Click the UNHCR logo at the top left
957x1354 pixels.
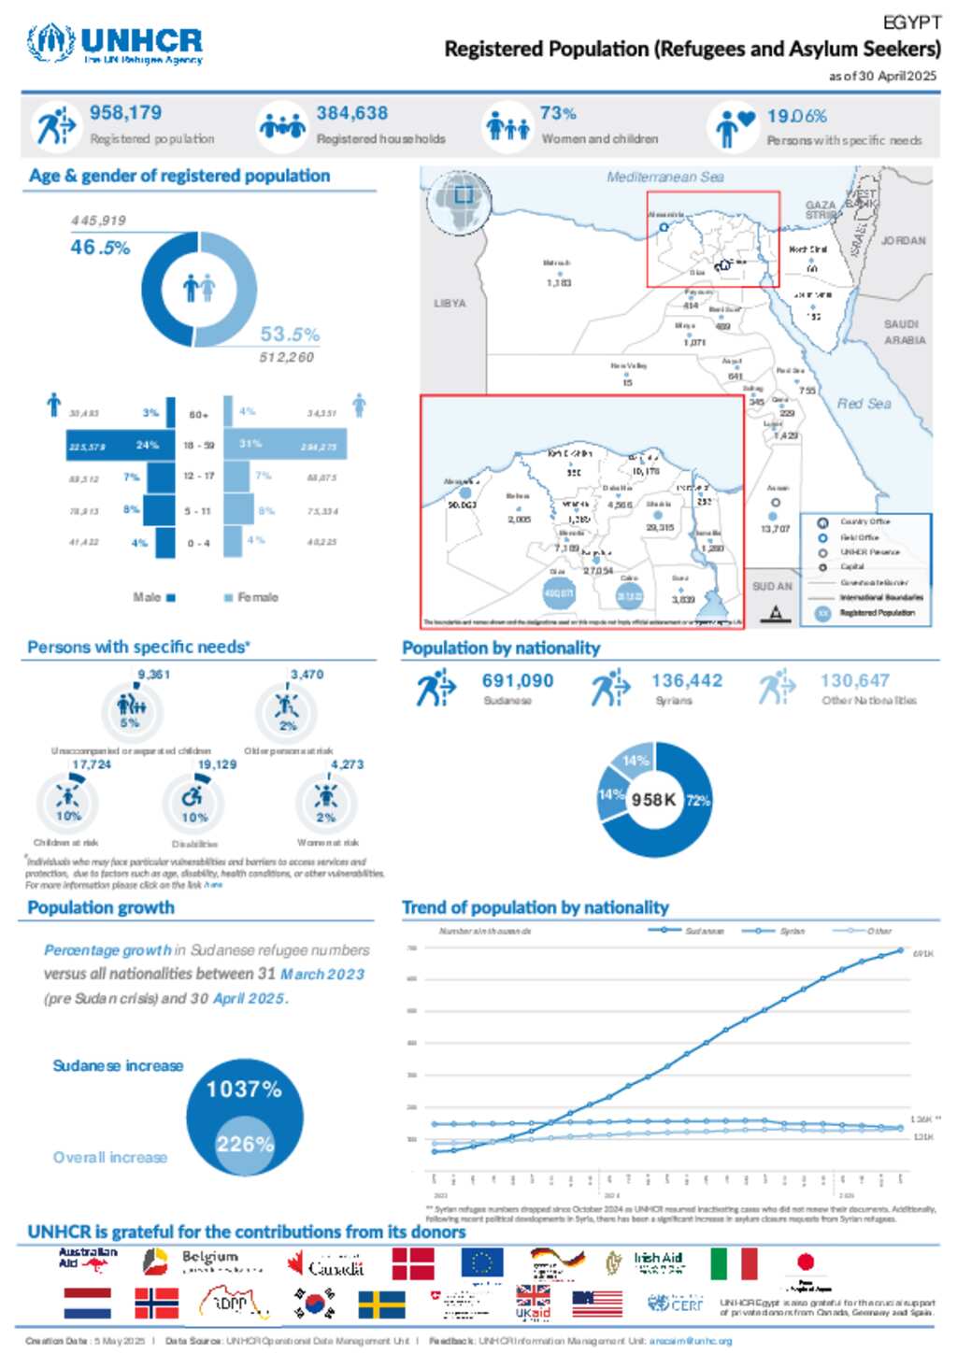tap(115, 43)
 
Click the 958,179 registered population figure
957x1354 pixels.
tap(125, 113)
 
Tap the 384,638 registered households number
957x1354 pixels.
tap(351, 113)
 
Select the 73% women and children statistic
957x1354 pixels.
tap(558, 113)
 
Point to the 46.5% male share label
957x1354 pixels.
tap(100, 248)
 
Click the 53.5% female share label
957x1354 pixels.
tap(290, 335)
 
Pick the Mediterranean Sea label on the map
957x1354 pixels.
tap(664, 177)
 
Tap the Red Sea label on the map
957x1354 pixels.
tap(864, 404)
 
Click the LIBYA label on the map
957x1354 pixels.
tap(450, 304)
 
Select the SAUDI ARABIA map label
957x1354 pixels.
tap(903, 332)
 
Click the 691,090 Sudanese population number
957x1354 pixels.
tap(518, 681)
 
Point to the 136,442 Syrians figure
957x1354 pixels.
tap(687, 681)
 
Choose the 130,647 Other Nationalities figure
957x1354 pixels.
tap(854, 681)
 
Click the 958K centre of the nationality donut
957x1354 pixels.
tap(653, 800)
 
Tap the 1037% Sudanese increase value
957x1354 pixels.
tap(244, 1090)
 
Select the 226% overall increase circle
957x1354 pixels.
tap(245, 1144)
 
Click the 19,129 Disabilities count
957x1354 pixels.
tap(217, 764)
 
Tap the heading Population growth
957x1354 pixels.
tap(101, 907)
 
